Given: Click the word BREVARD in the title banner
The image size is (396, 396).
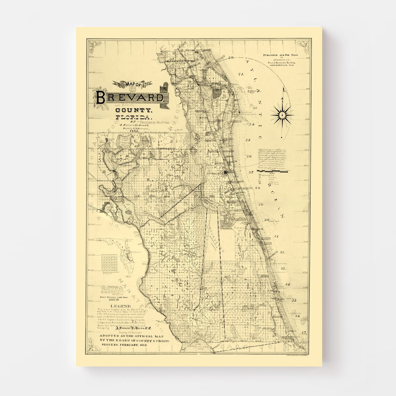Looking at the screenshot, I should click(130, 98).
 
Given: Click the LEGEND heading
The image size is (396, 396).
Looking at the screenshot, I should click(121, 306).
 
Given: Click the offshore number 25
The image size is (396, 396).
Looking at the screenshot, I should click(248, 140).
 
